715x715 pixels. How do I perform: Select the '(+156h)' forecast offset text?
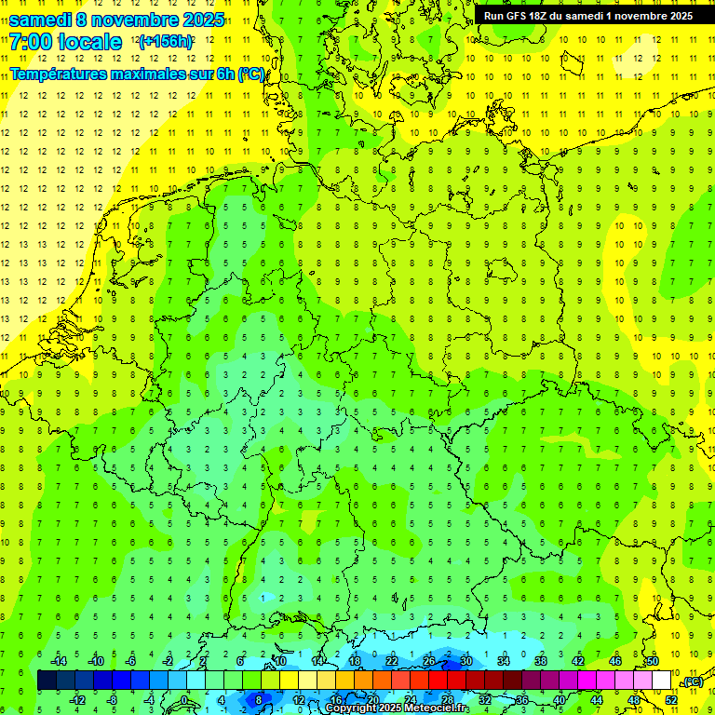click(165, 42)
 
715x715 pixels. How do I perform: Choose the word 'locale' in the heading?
click(89, 42)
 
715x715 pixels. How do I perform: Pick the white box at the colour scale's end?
click(661, 681)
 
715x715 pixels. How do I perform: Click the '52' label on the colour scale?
click(670, 700)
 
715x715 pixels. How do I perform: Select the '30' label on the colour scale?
click(465, 661)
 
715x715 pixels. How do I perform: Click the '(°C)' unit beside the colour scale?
click(693, 681)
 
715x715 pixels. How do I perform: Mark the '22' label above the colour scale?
click(392, 661)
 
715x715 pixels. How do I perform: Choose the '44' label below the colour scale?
click(596, 700)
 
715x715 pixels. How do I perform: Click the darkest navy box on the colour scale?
click(47, 681)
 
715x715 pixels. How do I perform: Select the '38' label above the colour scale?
click(540, 661)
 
